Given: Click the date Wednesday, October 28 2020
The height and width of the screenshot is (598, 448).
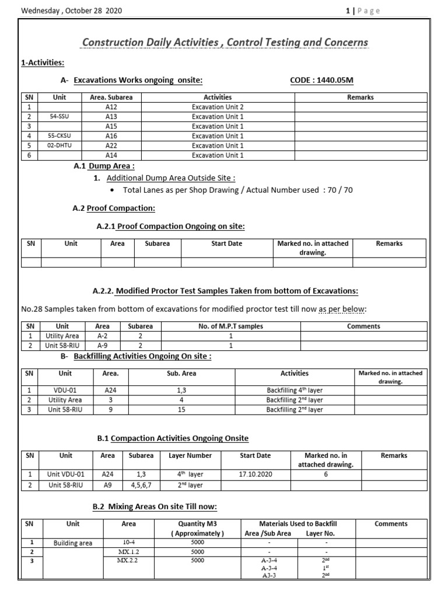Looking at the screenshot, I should (x=72, y=11).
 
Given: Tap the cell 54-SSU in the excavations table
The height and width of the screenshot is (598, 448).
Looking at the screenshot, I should (x=60, y=117).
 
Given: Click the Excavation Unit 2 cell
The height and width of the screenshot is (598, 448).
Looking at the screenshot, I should (x=218, y=107).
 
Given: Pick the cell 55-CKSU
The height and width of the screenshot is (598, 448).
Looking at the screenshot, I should (x=60, y=136).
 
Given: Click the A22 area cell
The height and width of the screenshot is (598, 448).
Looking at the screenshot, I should (x=111, y=145).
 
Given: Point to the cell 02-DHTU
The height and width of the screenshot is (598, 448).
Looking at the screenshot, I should (x=60, y=145).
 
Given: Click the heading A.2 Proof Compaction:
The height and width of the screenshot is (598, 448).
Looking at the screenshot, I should (x=114, y=208).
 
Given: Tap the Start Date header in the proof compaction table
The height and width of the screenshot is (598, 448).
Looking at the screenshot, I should (x=226, y=244).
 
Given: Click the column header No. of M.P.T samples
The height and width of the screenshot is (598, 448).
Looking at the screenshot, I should (x=230, y=326).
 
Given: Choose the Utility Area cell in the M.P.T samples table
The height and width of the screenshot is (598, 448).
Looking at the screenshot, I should (x=62, y=336).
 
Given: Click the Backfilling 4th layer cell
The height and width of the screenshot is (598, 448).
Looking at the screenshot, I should (x=295, y=391).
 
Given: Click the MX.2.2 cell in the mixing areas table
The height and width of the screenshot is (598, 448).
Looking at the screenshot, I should (x=127, y=561).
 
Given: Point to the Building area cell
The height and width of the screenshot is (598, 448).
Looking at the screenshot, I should (x=73, y=543).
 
